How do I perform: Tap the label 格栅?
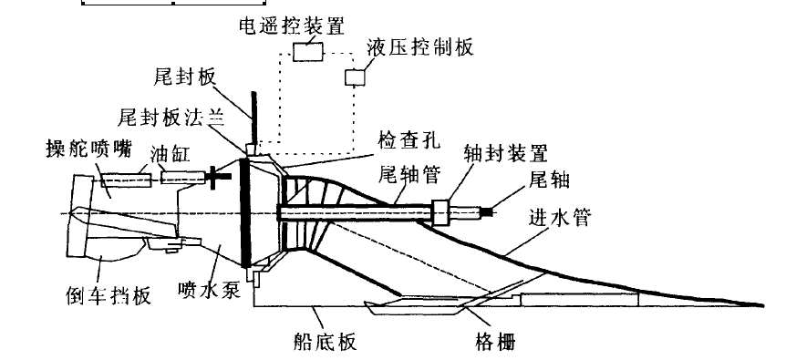pyautogui.click(x=495, y=343)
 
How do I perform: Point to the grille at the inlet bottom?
pyautogui.click(x=415, y=304)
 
